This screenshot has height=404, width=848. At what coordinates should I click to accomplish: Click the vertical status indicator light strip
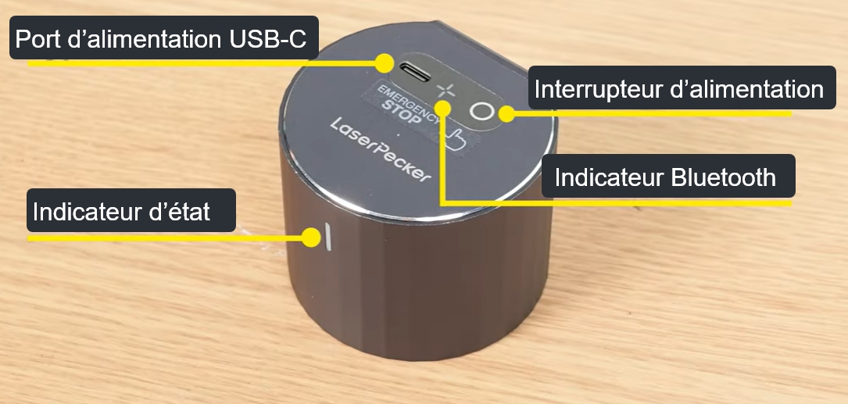[x=327, y=237]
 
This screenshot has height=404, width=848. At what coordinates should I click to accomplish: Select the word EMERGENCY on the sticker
[x=409, y=97]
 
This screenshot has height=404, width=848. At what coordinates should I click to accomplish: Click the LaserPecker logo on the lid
[x=381, y=149]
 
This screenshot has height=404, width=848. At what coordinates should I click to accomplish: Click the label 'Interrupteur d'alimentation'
[x=682, y=88]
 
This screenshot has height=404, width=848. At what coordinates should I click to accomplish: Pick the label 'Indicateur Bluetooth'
[x=668, y=177]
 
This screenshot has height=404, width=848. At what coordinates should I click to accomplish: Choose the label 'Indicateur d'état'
[x=131, y=210]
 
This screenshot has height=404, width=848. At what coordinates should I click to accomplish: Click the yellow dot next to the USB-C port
[x=385, y=63]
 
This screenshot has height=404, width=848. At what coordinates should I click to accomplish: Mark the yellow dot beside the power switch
[x=506, y=113]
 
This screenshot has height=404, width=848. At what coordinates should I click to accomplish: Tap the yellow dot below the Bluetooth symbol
[x=443, y=109]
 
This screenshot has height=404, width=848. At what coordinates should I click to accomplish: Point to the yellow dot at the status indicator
[x=311, y=238]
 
